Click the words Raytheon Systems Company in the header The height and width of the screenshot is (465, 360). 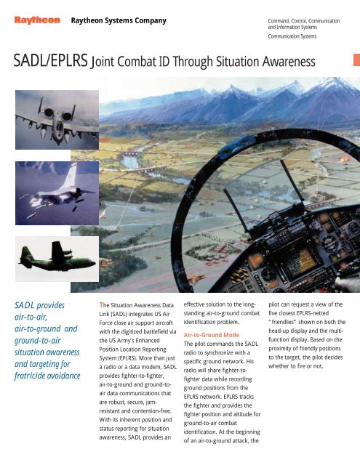click(119, 21)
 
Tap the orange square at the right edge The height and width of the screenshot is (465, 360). click(356, 60)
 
